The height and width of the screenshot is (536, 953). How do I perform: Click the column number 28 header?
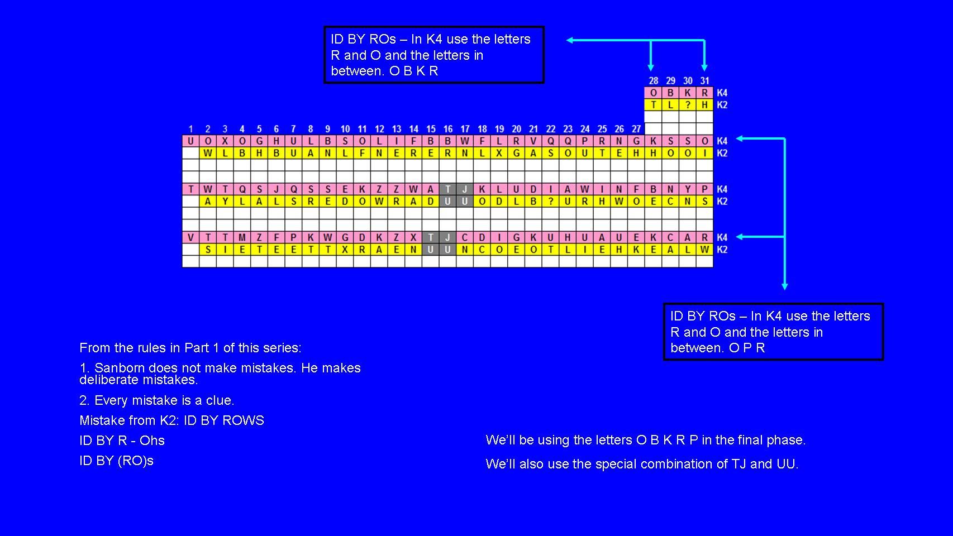click(x=653, y=81)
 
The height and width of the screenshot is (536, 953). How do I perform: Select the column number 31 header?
click(x=705, y=81)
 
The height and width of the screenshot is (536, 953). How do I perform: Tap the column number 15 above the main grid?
click(x=431, y=129)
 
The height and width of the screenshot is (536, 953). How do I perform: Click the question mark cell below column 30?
click(x=688, y=105)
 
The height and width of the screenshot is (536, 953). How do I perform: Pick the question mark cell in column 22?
click(x=551, y=202)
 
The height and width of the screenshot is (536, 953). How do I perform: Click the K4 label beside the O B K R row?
click(x=722, y=93)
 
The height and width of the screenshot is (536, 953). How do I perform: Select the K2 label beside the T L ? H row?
click(x=722, y=105)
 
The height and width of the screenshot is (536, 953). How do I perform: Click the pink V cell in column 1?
click(x=190, y=237)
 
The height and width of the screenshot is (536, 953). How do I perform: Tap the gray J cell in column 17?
click(x=465, y=189)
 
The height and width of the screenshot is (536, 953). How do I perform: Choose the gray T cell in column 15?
click(x=431, y=237)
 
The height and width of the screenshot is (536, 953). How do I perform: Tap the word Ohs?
click(x=152, y=441)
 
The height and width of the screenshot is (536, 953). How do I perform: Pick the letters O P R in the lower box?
click(x=747, y=348)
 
